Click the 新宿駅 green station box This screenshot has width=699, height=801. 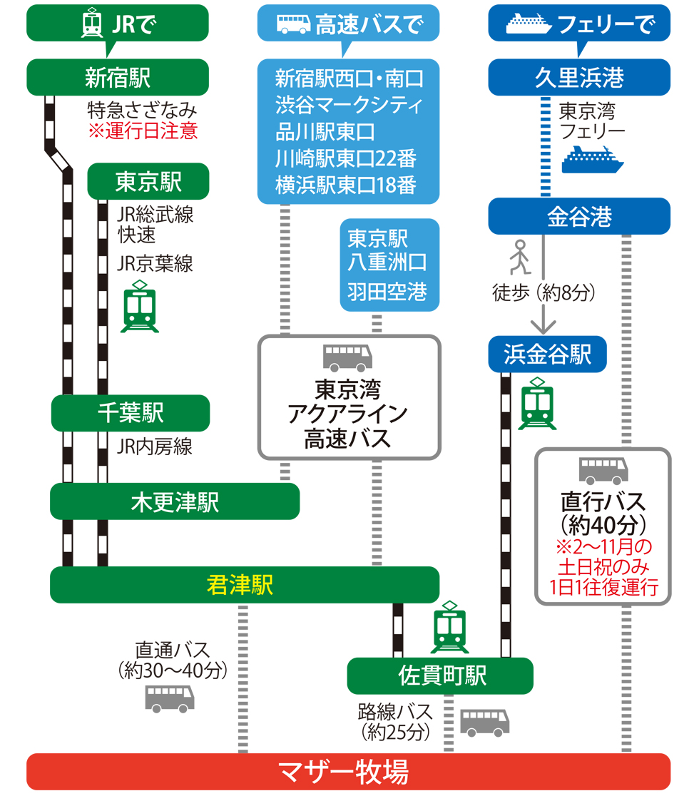(x=118, y=77)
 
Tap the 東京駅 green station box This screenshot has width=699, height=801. (x=148, y=182)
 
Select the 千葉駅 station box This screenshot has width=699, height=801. (x=131, y=413)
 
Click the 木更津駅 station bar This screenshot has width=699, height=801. (x=175, y=502)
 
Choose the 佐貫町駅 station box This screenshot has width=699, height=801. (x=440, y=675)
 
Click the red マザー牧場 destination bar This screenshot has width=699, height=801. (x=348, y=772)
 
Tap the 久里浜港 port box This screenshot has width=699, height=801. (x=579, y=77)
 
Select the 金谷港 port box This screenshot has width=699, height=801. (x=579, y=216)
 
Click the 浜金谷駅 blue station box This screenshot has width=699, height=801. (x=548, y=354)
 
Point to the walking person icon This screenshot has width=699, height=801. (x=519, y=257)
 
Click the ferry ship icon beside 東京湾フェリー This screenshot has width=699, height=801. (x=592, y=159)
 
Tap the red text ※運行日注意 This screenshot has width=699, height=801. (x=143, y=131)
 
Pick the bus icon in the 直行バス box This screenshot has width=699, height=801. (x=603, y=471)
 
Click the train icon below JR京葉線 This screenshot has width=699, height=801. (x=140, y=307)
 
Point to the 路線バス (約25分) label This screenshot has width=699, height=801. (x=396, y=721)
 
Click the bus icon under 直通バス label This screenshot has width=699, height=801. (x=170, y=698)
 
